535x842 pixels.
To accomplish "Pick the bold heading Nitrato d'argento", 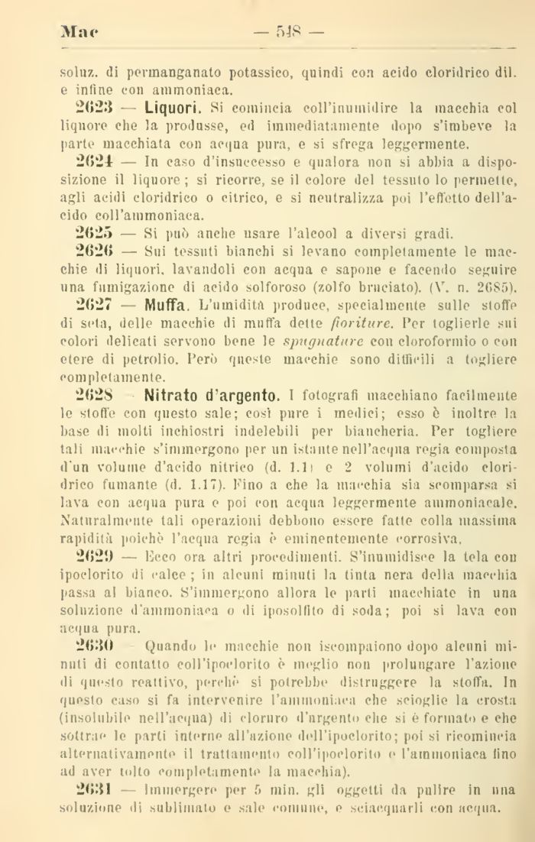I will pos(212,396).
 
